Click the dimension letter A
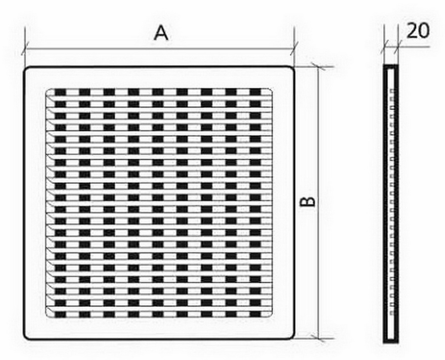pos(161,33)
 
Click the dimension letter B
pos(308,202)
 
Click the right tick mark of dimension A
pos(294,48)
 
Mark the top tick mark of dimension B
pos(318,67)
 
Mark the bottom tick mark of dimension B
pos(318,339)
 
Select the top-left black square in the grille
pos(60,92)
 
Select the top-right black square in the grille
pos(256,92)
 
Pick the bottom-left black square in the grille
pos(60,314)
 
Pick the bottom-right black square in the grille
pos(256,314)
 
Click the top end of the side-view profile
pos(391,66)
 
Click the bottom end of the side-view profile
pos(391,342)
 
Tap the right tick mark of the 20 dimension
pos(398,47)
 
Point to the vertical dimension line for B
pos(318,203)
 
